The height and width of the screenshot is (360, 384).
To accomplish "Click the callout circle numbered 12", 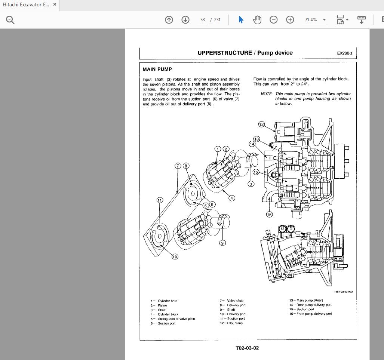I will (261, 124).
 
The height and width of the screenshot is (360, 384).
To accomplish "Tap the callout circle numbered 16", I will (269, 214).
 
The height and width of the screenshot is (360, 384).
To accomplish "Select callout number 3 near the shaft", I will (251, 184).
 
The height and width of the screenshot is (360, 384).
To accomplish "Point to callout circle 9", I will (222, 243).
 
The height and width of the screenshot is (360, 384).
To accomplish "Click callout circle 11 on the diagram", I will (160, 200).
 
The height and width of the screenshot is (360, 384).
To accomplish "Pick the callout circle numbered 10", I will (175, 256).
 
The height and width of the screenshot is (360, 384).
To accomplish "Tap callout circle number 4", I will (232, 198).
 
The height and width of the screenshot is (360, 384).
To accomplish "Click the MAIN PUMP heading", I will (157, 69).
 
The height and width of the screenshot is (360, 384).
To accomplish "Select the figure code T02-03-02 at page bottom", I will (247, 348).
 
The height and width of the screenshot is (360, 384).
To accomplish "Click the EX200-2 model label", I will (345, 53).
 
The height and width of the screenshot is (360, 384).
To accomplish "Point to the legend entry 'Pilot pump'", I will (234, 323).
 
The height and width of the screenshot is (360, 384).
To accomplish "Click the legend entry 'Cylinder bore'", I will (167, 301).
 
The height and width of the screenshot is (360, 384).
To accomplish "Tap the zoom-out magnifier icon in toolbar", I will (274, 20).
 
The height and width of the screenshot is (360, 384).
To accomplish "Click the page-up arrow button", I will (169, 20).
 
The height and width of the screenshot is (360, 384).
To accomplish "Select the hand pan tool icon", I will (257, 20).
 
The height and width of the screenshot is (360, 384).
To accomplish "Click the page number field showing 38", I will (202, 20).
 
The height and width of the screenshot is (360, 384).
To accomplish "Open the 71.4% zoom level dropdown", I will (324, 20).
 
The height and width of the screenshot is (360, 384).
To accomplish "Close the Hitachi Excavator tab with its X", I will (55, 5).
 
